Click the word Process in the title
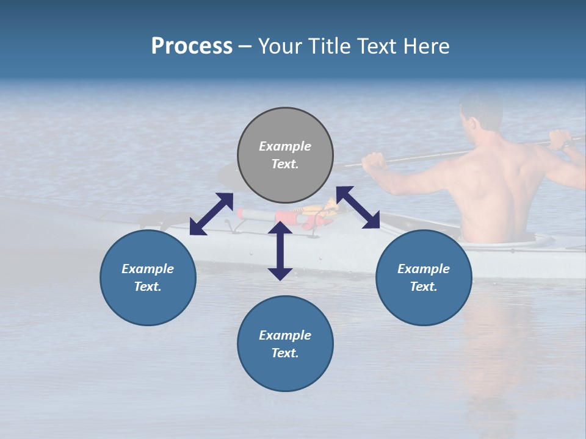192,46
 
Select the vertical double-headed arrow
280,251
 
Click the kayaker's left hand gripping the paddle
374,162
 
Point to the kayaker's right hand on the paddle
560,140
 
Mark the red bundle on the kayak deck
287,216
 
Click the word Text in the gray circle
284,164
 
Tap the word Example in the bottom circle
285,335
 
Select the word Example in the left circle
148,269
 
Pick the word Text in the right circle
424,287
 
